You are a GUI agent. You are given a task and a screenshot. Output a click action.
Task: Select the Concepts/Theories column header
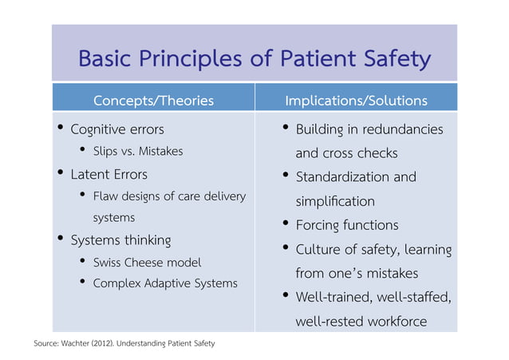[153, 101]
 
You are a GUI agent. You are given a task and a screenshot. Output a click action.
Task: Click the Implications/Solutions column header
[356, 101]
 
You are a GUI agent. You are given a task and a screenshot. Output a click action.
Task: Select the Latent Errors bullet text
[109, 173]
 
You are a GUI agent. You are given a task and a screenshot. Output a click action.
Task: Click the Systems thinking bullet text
[120, 239]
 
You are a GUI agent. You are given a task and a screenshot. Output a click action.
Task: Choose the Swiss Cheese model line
[147, 262]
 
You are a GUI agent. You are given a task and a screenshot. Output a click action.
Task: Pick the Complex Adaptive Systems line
[164, 283]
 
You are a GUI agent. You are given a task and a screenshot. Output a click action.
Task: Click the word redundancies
[403, 129]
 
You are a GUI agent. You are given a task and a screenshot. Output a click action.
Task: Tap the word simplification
[334, 200]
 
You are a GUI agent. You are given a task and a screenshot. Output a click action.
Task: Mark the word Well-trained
[334, 298]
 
